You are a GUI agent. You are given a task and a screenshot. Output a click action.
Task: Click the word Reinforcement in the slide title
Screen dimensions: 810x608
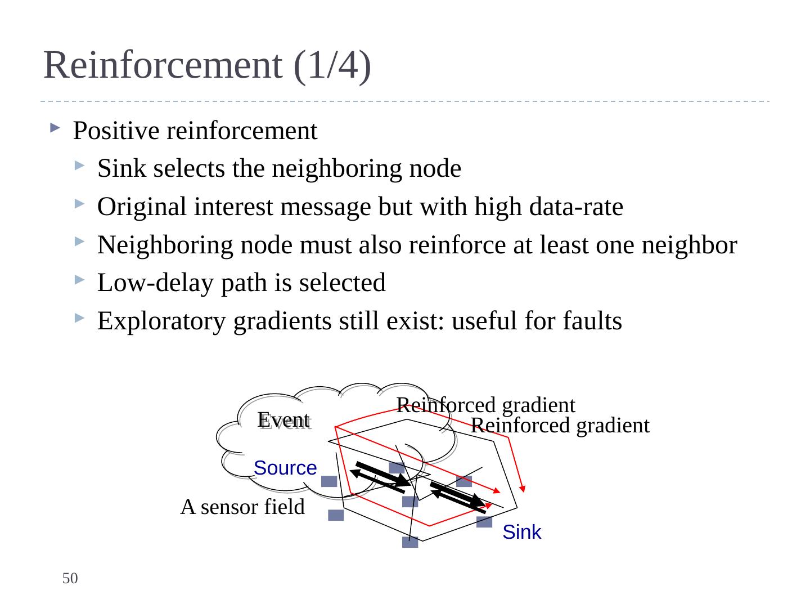point(163,65)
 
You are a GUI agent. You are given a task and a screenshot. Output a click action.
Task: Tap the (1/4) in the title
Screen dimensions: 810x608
point(332,66)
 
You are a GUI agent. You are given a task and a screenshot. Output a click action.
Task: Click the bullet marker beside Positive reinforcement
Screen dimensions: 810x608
point(55,128)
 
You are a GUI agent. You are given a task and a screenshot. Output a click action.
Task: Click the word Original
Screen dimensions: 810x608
point(142,207)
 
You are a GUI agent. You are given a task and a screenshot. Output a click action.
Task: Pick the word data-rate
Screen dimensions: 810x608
point(576,207)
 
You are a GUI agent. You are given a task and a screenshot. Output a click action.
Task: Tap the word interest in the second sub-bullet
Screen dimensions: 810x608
point(233,207)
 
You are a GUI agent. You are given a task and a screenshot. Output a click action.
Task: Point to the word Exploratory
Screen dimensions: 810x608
point(161,321)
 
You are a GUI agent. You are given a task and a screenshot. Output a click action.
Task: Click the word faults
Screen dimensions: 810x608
point(592,320)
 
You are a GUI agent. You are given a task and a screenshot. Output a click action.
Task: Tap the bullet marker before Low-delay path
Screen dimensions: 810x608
point(79,280)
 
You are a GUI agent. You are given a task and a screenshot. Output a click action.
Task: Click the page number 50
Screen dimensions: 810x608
point(70,578)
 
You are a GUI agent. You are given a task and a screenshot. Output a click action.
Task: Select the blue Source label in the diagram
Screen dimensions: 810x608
point(285,468)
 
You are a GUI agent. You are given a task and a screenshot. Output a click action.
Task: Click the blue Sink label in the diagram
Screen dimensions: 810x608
point(522,533)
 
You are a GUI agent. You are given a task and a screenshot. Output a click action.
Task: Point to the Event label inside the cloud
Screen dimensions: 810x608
point(283,420)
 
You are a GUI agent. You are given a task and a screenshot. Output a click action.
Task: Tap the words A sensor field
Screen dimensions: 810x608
point(242,507)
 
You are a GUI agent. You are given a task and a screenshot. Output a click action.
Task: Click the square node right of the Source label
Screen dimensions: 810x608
point(329,481)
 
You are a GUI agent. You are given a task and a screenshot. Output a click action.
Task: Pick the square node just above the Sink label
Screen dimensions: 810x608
point(484,522)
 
